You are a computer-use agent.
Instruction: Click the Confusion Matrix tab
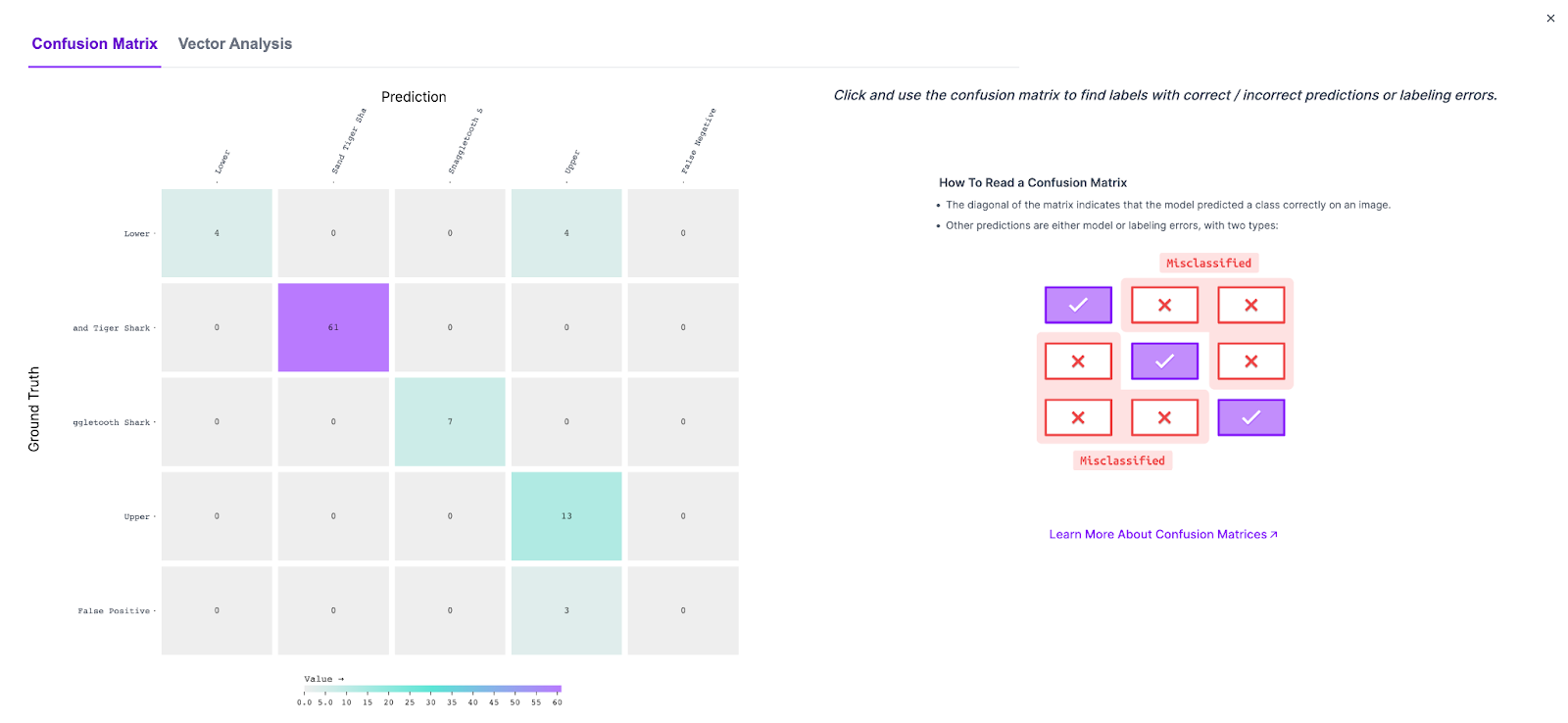click(x=94, y=44)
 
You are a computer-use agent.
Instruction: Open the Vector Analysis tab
click(x=235, y=44)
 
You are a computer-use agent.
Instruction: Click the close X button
click(x=1550, y=19)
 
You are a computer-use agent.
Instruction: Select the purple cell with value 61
click(x=333, y=327)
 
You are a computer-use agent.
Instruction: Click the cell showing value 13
click(x=566, y=516)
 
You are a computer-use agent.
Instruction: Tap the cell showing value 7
click(x=450, y=421)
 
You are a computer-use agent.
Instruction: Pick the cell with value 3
click(x=566, y=610)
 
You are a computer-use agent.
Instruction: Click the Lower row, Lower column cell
click(x=217, y=233)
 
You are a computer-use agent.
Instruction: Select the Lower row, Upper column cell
click(x=566, y=233)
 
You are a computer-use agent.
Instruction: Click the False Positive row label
click(x=114, y=611)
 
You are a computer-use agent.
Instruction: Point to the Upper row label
click(x=136, y=517)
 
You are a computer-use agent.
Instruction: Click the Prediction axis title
click(x=414, y=97)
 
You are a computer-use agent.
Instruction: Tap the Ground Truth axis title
click(x=34, y=409)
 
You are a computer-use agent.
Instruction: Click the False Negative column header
click(x=698, y=142)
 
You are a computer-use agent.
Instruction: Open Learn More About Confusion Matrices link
click(x=1162, y=535)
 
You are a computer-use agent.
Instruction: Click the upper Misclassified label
click(x=1208, y=264)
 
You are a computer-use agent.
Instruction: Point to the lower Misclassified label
click(x=1122, y=460)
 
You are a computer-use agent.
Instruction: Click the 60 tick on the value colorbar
click(x=557, y=702)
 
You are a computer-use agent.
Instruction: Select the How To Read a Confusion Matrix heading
click(x=1033, y=183)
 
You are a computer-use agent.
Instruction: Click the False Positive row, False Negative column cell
click(x=683, y=610)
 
